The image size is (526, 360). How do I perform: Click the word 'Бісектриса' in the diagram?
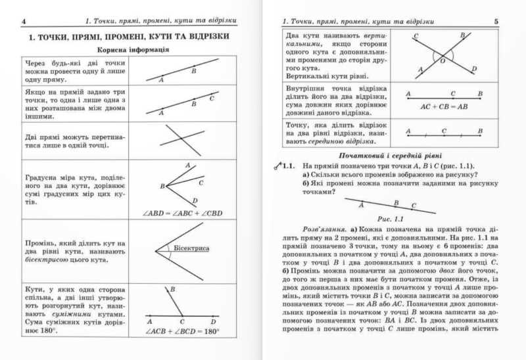click(x=191, y=248)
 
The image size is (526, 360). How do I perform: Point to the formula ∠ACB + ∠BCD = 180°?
click(x=181, y=331)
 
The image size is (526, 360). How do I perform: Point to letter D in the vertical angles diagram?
click(x=473, y=68)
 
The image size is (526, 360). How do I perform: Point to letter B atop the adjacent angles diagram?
click(x=172, y=288)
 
